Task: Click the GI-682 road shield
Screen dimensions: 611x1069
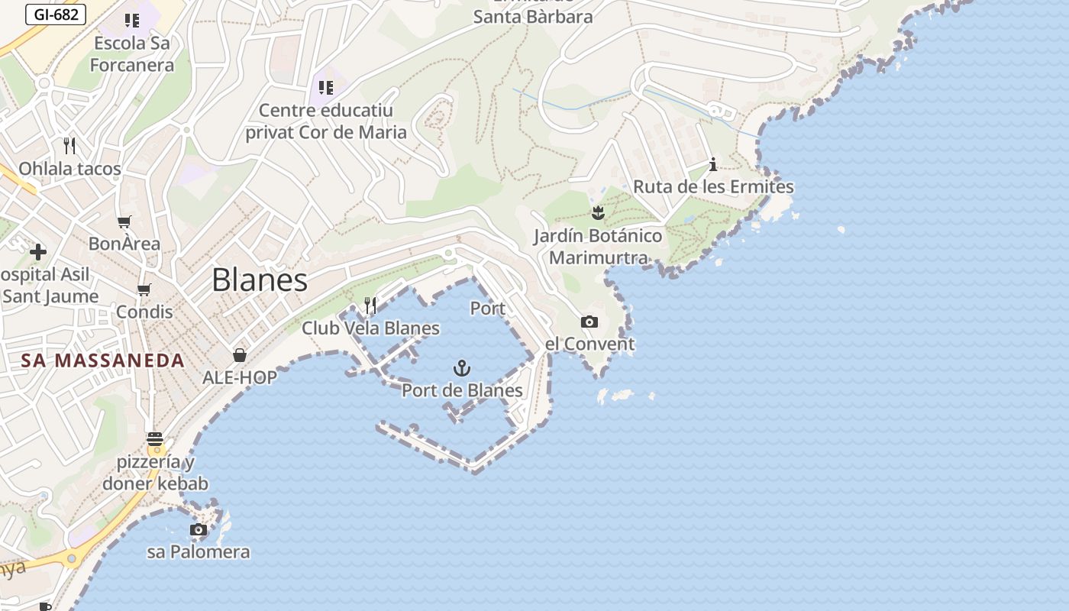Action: pos(56,14)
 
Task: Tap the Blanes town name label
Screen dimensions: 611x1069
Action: pos(260,280)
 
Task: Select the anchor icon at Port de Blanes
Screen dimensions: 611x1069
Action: pos(462,369)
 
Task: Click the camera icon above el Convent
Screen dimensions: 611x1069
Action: pos(589,322)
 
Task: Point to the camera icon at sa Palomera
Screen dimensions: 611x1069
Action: pos(199,529)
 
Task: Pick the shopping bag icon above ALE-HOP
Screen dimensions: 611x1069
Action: pos(240,355)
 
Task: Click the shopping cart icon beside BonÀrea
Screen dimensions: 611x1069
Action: pos(124,222)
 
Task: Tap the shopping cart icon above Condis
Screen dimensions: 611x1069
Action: pos(144,289)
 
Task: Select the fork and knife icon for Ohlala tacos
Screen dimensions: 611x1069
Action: pos(69,145)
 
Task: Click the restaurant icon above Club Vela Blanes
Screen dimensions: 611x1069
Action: pos(370,305)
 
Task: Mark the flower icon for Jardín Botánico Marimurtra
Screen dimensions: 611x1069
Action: pos(598,212)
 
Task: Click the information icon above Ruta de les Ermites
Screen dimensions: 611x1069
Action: pos(713,164)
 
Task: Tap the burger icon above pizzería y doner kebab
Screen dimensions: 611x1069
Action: pos(155,439)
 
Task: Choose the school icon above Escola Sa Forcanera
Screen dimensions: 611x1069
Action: pos(131,21)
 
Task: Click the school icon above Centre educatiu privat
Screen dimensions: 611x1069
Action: pos(326,88)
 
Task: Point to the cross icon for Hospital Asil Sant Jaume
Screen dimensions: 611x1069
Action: pos(38,251)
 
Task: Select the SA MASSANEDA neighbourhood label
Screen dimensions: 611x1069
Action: pos(103,360)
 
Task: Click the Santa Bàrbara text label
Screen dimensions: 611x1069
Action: pos(533,17)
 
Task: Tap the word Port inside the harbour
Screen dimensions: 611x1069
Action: pos(488,309)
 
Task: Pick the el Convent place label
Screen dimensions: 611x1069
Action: pos(590,344)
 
